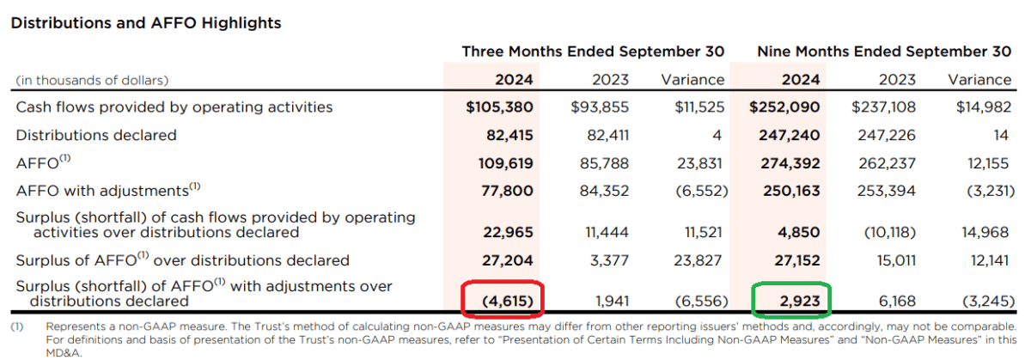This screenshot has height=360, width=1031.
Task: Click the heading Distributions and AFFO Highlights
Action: pyautogui.click(x=145, y=23)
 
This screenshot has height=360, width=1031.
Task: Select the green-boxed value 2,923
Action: pyautogui.click(x=796, y=301)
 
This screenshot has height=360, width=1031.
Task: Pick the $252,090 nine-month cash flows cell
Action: pyautogui.click(x=784, y=107)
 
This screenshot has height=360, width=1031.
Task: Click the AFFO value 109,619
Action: pyautogui.click(x=505, y=162)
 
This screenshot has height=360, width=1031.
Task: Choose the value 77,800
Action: pyautogui.click(x=509, y=190)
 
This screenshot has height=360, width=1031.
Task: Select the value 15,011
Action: pyautogui.click(x=893, y=259)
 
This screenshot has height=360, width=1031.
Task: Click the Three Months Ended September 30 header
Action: pyautogui.click(x=593, y=52)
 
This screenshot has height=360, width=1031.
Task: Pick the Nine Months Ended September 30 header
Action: pyautogui.click(x=884, y=52)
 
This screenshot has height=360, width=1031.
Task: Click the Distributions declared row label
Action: pyautogui.click(x=96, y=135)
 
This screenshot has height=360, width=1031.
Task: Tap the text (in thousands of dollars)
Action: pyautogui.click(x=92, y=80)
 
